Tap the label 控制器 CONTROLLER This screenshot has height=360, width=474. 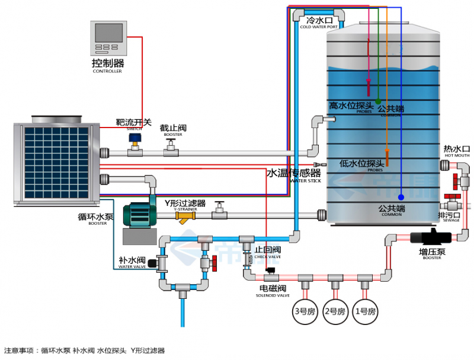pos(107,64)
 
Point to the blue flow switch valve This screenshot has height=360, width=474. pos(135,141)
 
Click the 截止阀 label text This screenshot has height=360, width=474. pos(173,128)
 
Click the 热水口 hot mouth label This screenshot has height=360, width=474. pos(456,149)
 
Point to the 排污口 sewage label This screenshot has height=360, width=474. pos(449,215)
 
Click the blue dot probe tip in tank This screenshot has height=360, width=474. pos(401,197)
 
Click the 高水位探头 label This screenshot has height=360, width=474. pos(351,105)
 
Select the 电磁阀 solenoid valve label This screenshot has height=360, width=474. pos(273,288)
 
